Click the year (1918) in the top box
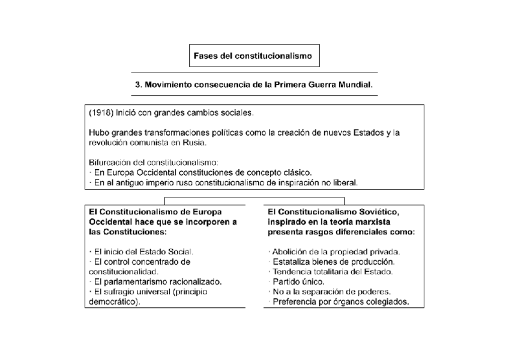(x=100, y=113)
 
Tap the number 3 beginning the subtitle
(x=137, y=85)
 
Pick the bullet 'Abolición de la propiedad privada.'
(x=336, y=251)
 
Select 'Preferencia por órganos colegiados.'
(x=340, y=302)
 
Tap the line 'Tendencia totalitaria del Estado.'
(x=333, y=272)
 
